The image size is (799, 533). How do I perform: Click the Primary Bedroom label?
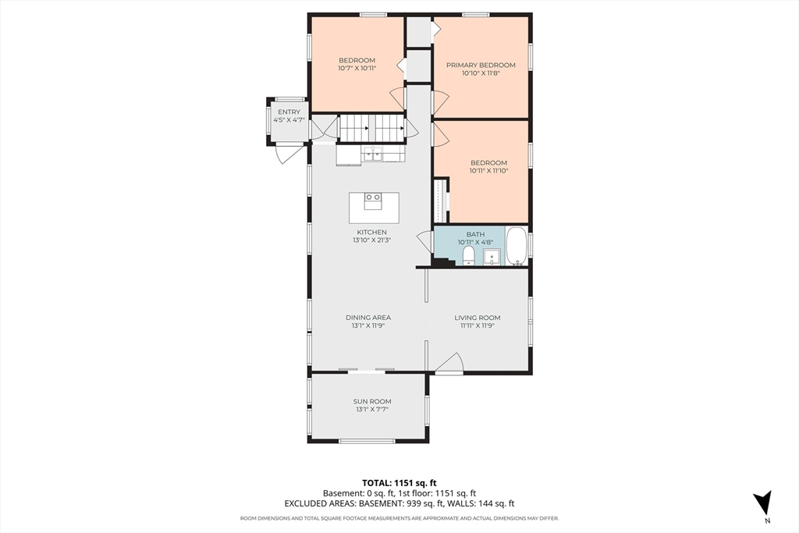481,66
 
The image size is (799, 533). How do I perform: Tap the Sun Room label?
372,402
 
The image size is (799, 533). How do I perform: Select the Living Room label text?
478,318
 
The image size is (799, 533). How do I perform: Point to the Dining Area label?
368,318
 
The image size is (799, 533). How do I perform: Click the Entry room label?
289,112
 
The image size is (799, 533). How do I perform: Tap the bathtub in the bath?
517,246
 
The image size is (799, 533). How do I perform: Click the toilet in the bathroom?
468,256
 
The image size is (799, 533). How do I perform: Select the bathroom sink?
492,256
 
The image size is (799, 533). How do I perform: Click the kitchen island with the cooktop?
374,208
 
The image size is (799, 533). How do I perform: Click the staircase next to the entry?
372,128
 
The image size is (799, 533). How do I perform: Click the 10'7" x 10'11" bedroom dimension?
357,68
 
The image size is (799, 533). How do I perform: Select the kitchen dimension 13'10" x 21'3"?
372,240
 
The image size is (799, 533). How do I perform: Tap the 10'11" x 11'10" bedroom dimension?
488,171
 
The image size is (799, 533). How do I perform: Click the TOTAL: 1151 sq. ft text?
399,483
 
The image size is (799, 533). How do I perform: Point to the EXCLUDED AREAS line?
399,503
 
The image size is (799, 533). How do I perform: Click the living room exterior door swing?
449,364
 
